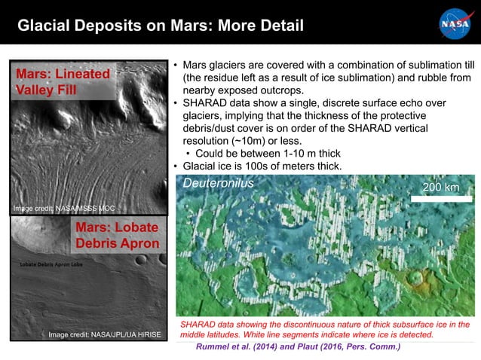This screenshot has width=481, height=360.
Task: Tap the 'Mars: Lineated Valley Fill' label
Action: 63,82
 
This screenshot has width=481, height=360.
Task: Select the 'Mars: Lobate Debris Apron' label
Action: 117,235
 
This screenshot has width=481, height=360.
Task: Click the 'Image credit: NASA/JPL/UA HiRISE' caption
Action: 104,334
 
